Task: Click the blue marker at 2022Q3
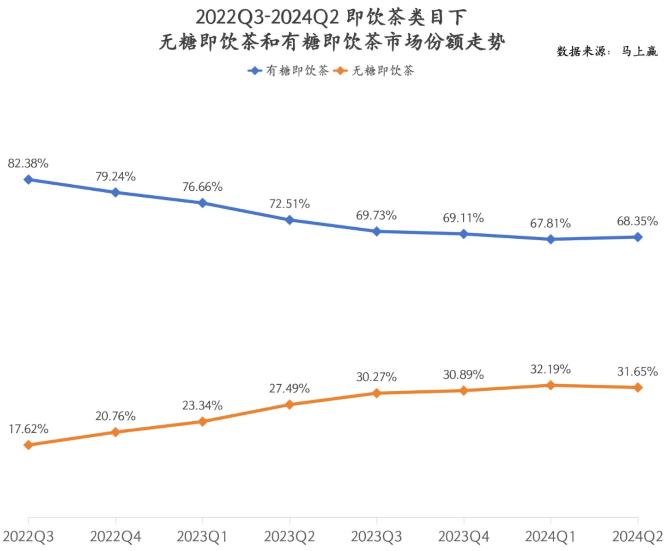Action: coord(28,179)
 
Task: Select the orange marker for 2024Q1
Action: coord(550,385)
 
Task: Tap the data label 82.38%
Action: coord(28,163)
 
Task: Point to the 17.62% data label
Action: coord(28,429)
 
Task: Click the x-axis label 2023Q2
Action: coord(290,537)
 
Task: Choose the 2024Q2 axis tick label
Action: coord(637,537)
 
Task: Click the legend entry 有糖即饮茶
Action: coord(289,71)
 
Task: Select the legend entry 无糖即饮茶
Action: coord(375,71)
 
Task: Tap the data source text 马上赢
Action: coord(639,51)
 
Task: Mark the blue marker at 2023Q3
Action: coord(376,231)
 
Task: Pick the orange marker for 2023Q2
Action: coord(290,405)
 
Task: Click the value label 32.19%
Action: coord(550,369)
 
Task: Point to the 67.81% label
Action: coord(550,224)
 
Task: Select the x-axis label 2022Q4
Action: coord(115,537)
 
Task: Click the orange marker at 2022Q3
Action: coord(28,445)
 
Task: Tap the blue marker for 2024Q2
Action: coord(638,237)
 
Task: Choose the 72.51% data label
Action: coord(290,204)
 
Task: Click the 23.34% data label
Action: coord(202,406)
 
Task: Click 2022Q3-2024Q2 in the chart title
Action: coord(267,18)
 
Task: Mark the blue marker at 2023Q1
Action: coord(202,203)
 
